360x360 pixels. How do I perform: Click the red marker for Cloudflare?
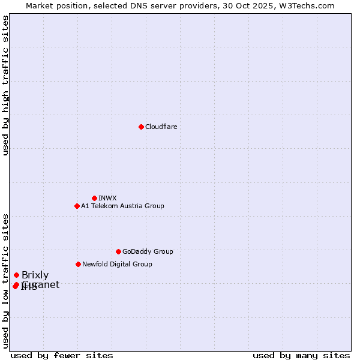tap(141, 127)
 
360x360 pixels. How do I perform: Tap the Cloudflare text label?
tap(161, 127)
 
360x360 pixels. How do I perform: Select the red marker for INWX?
tap(94, 198)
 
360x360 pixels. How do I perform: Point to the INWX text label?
tap(107, 198)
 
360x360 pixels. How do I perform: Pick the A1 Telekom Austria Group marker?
tap(77, 206)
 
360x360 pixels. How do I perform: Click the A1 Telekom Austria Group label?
tap(122, 206)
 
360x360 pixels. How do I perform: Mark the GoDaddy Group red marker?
tap(118, 251)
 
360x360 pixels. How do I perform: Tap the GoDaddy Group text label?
tap(148, 251)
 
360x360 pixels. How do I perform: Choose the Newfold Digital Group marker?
tap(78, 264)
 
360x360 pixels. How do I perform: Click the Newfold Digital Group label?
tap(117, 264)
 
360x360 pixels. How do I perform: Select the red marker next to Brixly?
tap(16, 275)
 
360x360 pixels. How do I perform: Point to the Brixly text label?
tap(35, 275)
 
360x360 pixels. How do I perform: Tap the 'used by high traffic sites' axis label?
tap(5, 85)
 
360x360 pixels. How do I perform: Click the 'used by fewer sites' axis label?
tap(62, 355)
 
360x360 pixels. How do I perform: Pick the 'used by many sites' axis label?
tap(301, 355)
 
